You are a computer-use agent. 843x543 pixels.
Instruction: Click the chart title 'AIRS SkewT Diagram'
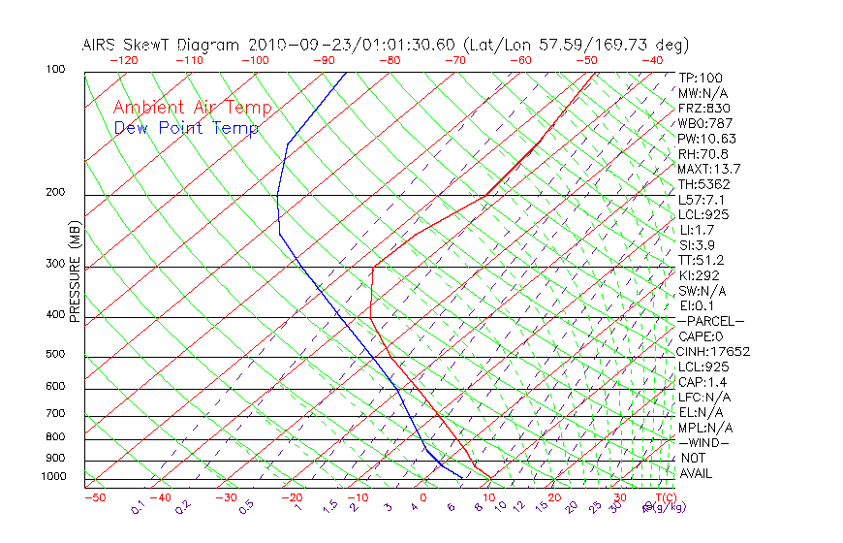[162, 46]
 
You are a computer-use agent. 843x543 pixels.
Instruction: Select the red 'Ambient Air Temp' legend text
[192, 108]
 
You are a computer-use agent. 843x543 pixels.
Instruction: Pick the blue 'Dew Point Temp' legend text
[186, 129]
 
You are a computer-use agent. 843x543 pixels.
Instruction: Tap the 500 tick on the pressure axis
[54, 355]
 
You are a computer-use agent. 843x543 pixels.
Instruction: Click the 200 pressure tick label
[54, 192]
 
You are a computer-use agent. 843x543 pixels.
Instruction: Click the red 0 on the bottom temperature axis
[423, 497]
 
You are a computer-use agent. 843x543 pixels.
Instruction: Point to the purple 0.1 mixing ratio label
[140, 507]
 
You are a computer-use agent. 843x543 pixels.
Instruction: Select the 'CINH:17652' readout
[714, 351]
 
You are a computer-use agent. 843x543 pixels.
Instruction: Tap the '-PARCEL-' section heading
[711, 321]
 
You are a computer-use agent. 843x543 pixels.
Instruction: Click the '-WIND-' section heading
[704, 442]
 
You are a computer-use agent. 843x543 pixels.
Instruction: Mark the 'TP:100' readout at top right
[701, 78]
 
